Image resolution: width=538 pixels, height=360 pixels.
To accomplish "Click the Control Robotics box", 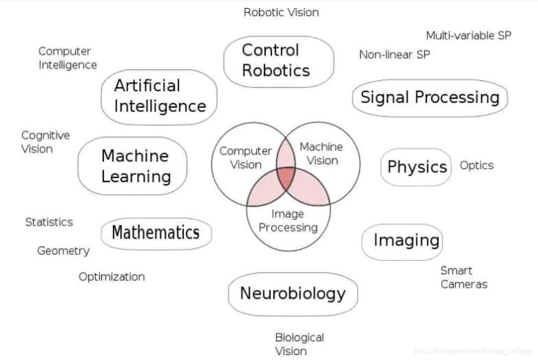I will pyautogui.click(x=278, y=61).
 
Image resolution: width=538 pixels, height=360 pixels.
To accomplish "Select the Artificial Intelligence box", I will pyautogui.click(x=159, y=96).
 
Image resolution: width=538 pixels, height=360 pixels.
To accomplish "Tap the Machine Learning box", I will pyautogui.click(x=133, y=166).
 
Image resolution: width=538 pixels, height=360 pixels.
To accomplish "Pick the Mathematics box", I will pyautogui.click(x=156, y=232).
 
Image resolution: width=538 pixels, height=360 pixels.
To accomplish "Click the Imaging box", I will pyautogui.click(x=403, y=240).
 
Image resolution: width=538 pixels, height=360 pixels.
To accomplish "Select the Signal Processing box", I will pyautogui.click(x=430, y=97).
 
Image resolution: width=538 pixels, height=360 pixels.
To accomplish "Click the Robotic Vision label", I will pyautogui.click(x=281, y=12).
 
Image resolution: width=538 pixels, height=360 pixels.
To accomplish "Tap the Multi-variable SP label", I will pyautogui.click(x=469, y=35).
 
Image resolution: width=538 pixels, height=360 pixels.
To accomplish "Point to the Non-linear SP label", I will pyautogui.click(x=395, y=55).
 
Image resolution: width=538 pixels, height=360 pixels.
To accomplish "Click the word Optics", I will pyautogui.click(x=476, y=165).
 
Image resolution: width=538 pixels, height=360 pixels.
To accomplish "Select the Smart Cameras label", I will pyautogui.click(x=464, y=277).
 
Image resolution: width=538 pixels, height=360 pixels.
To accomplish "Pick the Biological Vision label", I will pyautogui.click(x=299, y=344).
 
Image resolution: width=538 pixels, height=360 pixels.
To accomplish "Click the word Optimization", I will pyautogui.click(x=112, y=277).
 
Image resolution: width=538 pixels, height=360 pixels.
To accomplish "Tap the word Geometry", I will pyautogui.click(x=63, y=251).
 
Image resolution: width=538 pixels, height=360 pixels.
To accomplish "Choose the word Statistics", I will pyautogui.click(x=49, y=222).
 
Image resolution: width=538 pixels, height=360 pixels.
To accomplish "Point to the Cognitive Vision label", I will pyautogui.click(x=45, y=142).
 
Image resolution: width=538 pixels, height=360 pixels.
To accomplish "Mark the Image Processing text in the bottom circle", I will pyautogui.click(x=288, y=221).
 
